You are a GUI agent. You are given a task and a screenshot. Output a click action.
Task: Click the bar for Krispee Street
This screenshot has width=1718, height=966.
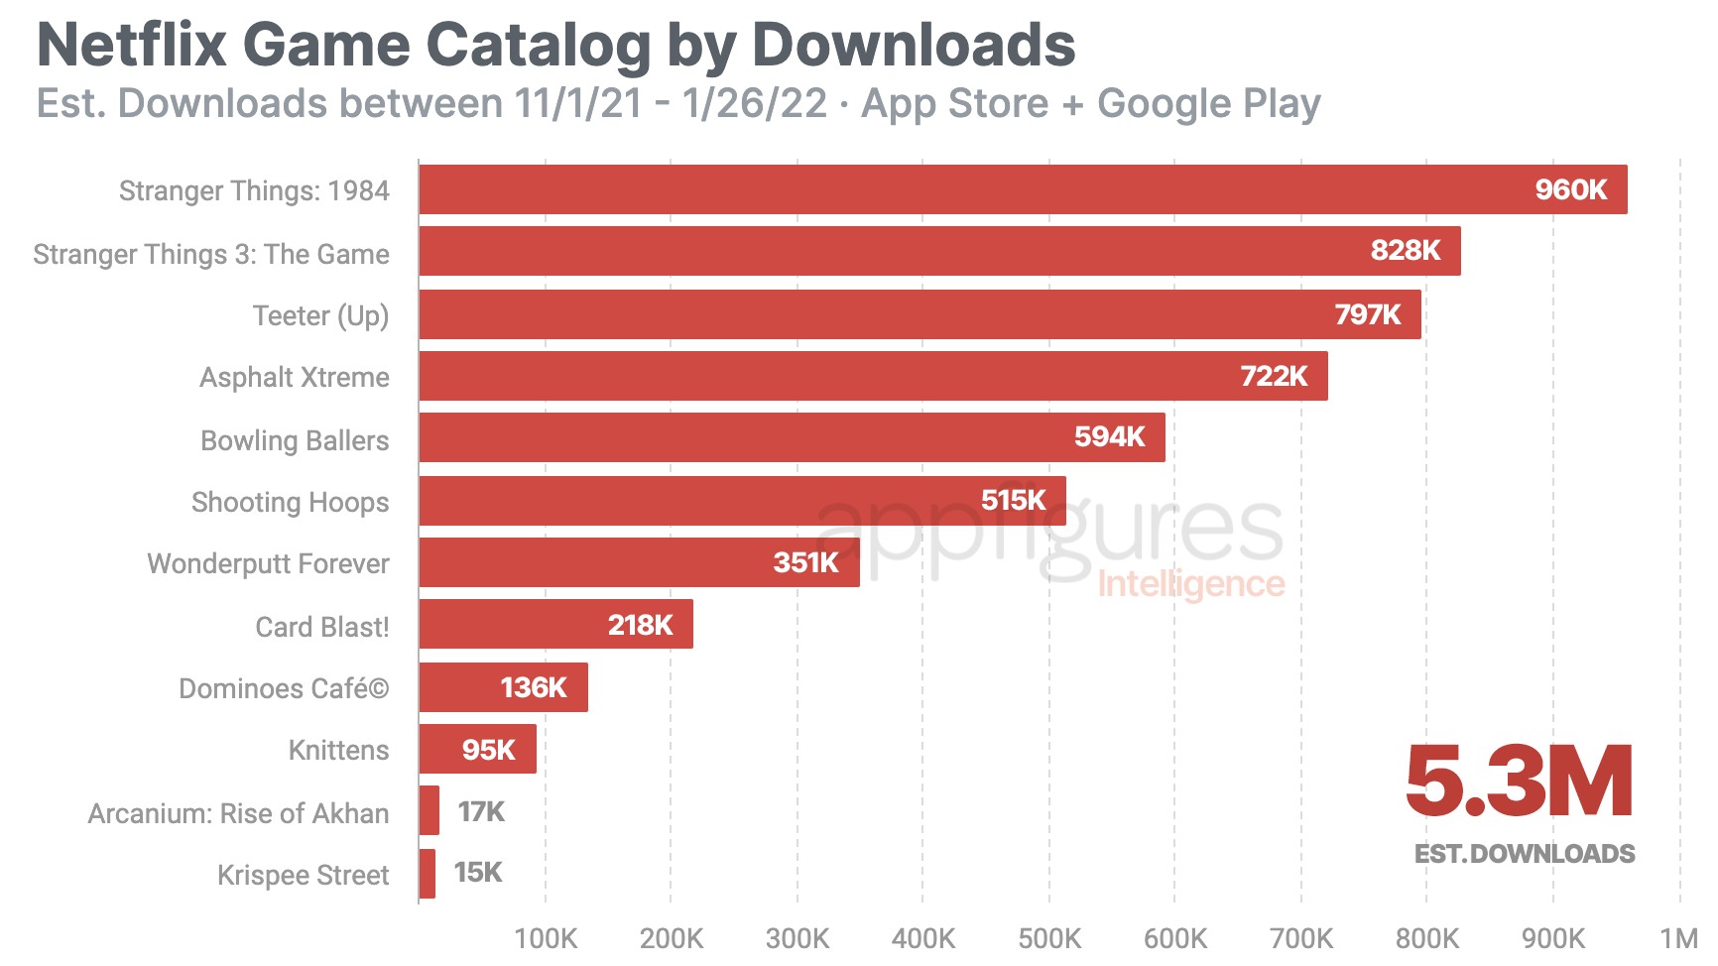click(428, 874)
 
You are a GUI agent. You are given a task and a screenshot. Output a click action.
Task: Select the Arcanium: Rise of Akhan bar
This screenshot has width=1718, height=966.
click(429, 811)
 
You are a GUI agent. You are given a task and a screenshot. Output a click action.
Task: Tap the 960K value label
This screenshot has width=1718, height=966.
click(1570, 189)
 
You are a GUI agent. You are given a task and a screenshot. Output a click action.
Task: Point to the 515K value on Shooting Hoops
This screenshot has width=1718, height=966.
click(1013, 500)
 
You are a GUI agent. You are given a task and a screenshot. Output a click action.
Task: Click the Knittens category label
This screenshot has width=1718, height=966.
click(338, 750)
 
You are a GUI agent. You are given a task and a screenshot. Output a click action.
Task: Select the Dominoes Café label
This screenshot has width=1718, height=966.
click(284, 688)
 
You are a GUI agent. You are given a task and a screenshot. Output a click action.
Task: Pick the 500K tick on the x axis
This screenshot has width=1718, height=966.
click(1049, 937)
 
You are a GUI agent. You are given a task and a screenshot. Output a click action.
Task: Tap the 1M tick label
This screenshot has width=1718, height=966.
click(1679, 937)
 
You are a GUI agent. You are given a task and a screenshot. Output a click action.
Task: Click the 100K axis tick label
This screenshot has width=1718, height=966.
click(546, 937)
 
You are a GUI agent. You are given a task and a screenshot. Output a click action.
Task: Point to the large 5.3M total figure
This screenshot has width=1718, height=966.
click(1520, 783)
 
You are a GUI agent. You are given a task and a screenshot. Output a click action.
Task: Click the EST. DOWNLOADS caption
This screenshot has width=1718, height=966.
click(1525, 854)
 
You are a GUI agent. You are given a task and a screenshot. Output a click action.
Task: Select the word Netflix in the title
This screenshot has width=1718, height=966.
click(132, 46)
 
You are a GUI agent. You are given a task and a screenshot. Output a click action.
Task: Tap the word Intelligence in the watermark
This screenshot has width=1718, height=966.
click(1190, 584)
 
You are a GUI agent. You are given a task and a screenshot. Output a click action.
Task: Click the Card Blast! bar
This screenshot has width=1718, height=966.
click(555, 625)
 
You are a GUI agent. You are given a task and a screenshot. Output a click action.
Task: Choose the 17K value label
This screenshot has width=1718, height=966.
click(481, 812)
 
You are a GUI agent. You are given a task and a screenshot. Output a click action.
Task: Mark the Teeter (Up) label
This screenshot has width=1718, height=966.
click(320, 315)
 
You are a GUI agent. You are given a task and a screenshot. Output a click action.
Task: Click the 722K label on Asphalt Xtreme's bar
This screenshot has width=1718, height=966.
click(1274, 376)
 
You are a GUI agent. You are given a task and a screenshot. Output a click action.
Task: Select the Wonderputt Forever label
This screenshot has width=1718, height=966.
click(268, 563)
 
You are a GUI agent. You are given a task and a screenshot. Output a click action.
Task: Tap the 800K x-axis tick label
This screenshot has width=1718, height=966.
click(1427, 937)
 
